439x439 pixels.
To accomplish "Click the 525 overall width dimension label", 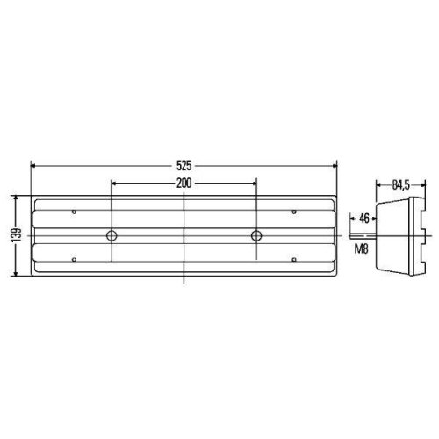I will [x=184, y=164].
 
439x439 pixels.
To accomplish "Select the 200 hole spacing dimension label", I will [x=184, y=183].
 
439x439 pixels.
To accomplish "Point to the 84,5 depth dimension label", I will [x=400, y=185].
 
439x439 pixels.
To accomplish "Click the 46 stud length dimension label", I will [x=363, y=217].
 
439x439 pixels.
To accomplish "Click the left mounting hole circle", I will [x=112, y=235].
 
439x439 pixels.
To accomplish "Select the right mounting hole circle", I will [x=256, y=235].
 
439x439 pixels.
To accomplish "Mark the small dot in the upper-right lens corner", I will [x=294, y=211].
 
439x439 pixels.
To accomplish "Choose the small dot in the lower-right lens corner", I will [x=294, y=260].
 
